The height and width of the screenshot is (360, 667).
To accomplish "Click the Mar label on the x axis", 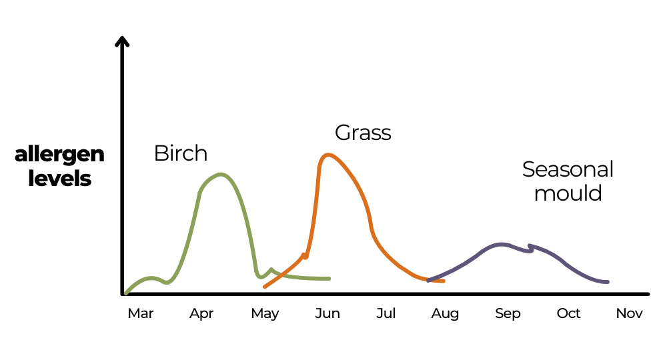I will click(x=140, y=313).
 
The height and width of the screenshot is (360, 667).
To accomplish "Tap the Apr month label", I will click(x=201, y=314).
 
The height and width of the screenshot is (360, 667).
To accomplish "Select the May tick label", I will click(x=265, y=314).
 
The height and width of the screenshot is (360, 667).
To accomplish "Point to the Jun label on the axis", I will click(x=327, y=313).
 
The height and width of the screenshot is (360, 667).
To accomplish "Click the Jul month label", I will click(x=386, y=313).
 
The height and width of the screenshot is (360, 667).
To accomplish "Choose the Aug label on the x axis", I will click(x=445, y=314).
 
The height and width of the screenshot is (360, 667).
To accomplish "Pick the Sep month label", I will click(x=508, y=314).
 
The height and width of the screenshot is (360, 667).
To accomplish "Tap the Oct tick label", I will click(x=569, y=313).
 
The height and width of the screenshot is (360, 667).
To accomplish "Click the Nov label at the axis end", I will click(x=629, y=313).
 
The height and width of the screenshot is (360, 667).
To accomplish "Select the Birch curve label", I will click(x=180, y=153).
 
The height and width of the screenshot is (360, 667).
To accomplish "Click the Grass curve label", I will click(x=363, y=133).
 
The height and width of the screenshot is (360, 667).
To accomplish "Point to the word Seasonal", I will click(x=568, y=169).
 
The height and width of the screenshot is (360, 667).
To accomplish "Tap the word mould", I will click(x=568, y=193).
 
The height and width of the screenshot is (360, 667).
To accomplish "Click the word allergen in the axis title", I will click(x=59, y=155).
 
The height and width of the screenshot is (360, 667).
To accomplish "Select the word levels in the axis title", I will click(x=59, y=179).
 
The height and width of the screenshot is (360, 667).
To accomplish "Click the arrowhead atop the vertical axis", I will click(x=121, y=41).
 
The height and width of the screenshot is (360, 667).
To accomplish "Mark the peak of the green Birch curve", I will click(x=221, y=175).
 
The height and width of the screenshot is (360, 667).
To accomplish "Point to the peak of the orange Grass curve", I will click(x=327, y=155).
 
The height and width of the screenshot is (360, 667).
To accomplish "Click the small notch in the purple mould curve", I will click(x=530, y=247).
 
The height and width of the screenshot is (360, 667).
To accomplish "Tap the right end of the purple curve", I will click(x=607, y=282).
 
